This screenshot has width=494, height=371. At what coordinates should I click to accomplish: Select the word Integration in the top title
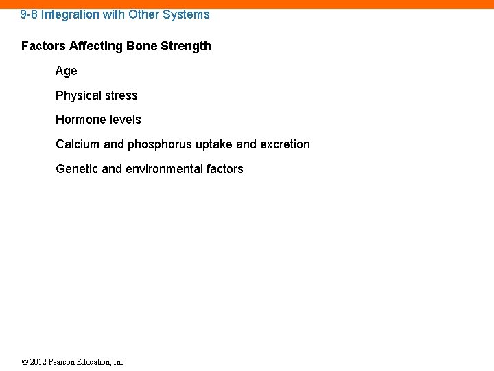71,14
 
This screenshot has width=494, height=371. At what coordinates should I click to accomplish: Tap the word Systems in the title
187,14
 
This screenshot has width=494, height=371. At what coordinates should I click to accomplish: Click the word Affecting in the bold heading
96,47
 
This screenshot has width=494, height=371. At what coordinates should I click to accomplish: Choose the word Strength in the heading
187,47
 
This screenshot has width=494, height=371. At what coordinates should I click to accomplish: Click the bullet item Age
67,71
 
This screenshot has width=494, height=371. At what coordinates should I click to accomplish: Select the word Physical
78,96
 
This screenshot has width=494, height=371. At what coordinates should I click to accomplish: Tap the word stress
121,96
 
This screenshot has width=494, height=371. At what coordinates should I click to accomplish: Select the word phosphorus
158,145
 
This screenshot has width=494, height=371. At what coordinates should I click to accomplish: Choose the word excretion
285,145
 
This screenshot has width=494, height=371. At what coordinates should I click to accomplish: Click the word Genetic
77,169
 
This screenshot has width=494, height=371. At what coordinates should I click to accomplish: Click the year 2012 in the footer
39,362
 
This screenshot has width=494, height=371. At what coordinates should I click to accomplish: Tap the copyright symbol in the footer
25,362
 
